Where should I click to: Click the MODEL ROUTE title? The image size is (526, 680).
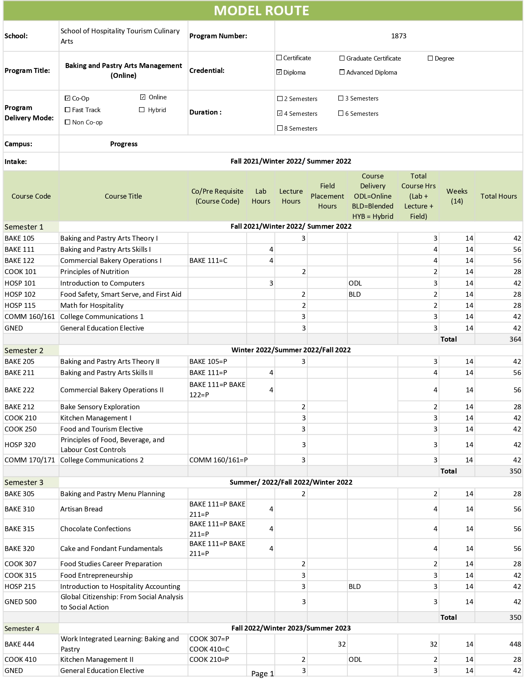point(262,11)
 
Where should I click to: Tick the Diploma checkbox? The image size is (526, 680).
point(279,73)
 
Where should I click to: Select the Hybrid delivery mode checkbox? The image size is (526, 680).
point(142,110)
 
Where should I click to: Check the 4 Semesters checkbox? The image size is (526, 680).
point(280,113)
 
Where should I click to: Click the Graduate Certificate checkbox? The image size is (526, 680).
point(342,59)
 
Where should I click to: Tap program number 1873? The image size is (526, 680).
point(399,36)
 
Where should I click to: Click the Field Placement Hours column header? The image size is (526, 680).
point(327,196)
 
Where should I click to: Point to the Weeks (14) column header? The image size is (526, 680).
point(457,196)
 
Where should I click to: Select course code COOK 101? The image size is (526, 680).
point(20,272)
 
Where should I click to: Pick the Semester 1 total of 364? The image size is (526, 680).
point(515,339)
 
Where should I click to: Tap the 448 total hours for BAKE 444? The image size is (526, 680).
point(515,644)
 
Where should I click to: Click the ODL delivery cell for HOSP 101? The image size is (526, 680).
point(355,283)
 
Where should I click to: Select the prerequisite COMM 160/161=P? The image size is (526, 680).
point(218,460)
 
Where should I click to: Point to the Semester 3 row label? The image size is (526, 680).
point(24,482)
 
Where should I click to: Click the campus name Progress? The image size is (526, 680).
point(124,144)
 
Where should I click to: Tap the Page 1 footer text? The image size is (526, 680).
point(262,674)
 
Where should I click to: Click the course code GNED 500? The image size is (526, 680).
point(20,602)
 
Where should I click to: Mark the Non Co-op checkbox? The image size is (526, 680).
point(68,122)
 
